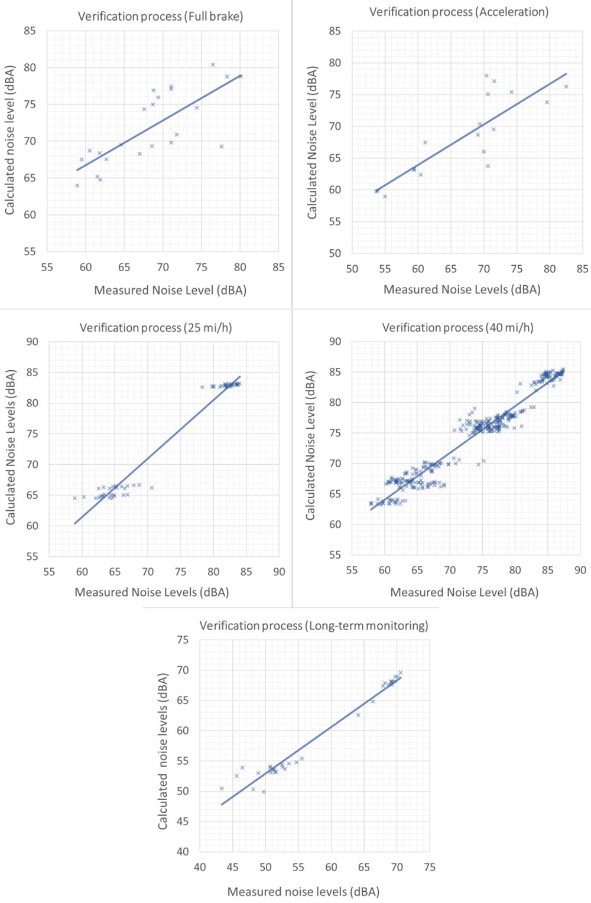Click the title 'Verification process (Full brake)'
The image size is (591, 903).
click(x=160, y=17)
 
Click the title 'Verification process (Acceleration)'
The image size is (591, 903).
click(x=459, y=12)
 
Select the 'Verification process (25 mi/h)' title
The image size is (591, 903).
click(x=155, y=328)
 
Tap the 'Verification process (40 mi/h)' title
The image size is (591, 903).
click(x=457, y=328)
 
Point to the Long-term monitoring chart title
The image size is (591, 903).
click(x=314, y=626)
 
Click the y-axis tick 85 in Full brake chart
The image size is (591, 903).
click(x=30, y=31)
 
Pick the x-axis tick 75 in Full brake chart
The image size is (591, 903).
click(x=201, y=268)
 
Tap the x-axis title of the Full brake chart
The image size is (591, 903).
click(x=170, y=290)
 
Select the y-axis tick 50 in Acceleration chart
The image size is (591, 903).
click(x=335, y=253)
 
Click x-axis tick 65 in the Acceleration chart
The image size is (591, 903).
click(x=451, y=269)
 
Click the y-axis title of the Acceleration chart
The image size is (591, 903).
click(x=312, y=142)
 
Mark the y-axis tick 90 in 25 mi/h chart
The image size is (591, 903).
click(x=32, y=342)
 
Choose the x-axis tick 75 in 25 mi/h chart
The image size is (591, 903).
click(x=180, y=572)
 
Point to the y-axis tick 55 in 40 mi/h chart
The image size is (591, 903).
click(x=335, y=555)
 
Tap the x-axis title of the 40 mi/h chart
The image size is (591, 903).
click(x=464, y=592)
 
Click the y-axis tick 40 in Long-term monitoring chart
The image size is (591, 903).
click(x=183, y=852)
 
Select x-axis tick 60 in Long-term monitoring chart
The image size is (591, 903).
click(x=331, y=868)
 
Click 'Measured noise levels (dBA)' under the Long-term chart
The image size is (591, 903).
click(x=303, y=892)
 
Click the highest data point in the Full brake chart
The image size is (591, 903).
click(x=213, y=65)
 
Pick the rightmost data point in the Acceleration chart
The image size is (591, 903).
click(x=566, y=87)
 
